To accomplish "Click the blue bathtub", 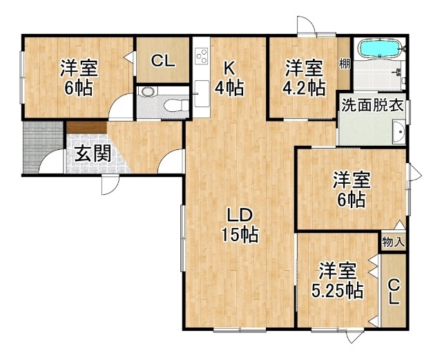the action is pyautogui.click(x=379, y=49).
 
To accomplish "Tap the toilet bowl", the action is pyautogui.click(x=173, y=106).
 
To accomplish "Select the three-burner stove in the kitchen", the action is pyautogui.click(x=202, y=56).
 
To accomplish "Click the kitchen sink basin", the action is pyautogui.click(x=202, y=94).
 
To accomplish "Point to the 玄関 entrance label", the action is pyautogui.click(x=93, y=154).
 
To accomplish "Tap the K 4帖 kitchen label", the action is pyautogui.click(x=229, y=79).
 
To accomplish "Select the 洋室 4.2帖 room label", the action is pyautogui.click(x=305, y=78).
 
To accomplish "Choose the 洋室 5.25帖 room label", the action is pyautogui.click(x=338, y=281).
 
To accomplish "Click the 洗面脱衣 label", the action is pyautogui.click(x=373, y=106).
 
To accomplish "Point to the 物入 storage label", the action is pyautogui.click(x=394, y=242).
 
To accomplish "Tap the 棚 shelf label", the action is pyautogui.click(x=344, y=64).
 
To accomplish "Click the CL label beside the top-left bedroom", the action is pyautogui.click(x=163, y=61).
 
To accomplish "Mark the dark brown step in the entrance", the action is pyautogui.click(x=87, y=128).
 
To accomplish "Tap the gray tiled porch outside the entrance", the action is pyautogui.click(x=42, y=146).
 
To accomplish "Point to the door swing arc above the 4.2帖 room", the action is pyautogui.click(x=307, y=26).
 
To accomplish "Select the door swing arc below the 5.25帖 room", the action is pyautogui.click(x=354, y=337).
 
